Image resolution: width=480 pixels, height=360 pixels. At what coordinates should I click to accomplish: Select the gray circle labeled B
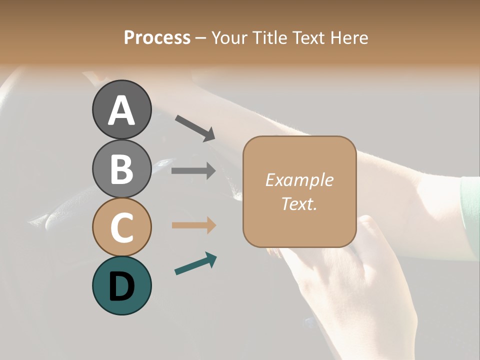click(x=121, y=168)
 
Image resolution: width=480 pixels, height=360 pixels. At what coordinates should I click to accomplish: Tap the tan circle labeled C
click(x=121, y=227)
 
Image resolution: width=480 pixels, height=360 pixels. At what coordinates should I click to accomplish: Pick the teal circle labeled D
click(x=121, y=285)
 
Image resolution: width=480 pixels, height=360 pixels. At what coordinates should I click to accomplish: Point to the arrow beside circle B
click(x=193, y=171)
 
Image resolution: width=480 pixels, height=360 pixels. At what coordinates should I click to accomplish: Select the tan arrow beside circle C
click(x=193, y=225)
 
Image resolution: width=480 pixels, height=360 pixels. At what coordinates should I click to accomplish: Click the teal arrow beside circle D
click(x=195, y=263)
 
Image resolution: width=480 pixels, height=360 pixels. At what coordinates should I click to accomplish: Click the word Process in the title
click(x=157, y=38)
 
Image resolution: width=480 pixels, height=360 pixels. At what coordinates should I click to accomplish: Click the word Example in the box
click(x=299, y=180)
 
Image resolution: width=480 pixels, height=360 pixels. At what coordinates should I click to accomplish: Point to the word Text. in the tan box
click(x=299, y=203)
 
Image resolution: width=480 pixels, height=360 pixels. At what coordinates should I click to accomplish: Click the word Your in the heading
click(x=229, y=38)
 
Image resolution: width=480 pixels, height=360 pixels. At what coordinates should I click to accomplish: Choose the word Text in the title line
click(x=307, y=38)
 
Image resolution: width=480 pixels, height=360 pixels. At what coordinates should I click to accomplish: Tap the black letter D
click(x=121, y=287)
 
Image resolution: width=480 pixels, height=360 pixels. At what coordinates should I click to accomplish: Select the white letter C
click(x=121, y=228)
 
